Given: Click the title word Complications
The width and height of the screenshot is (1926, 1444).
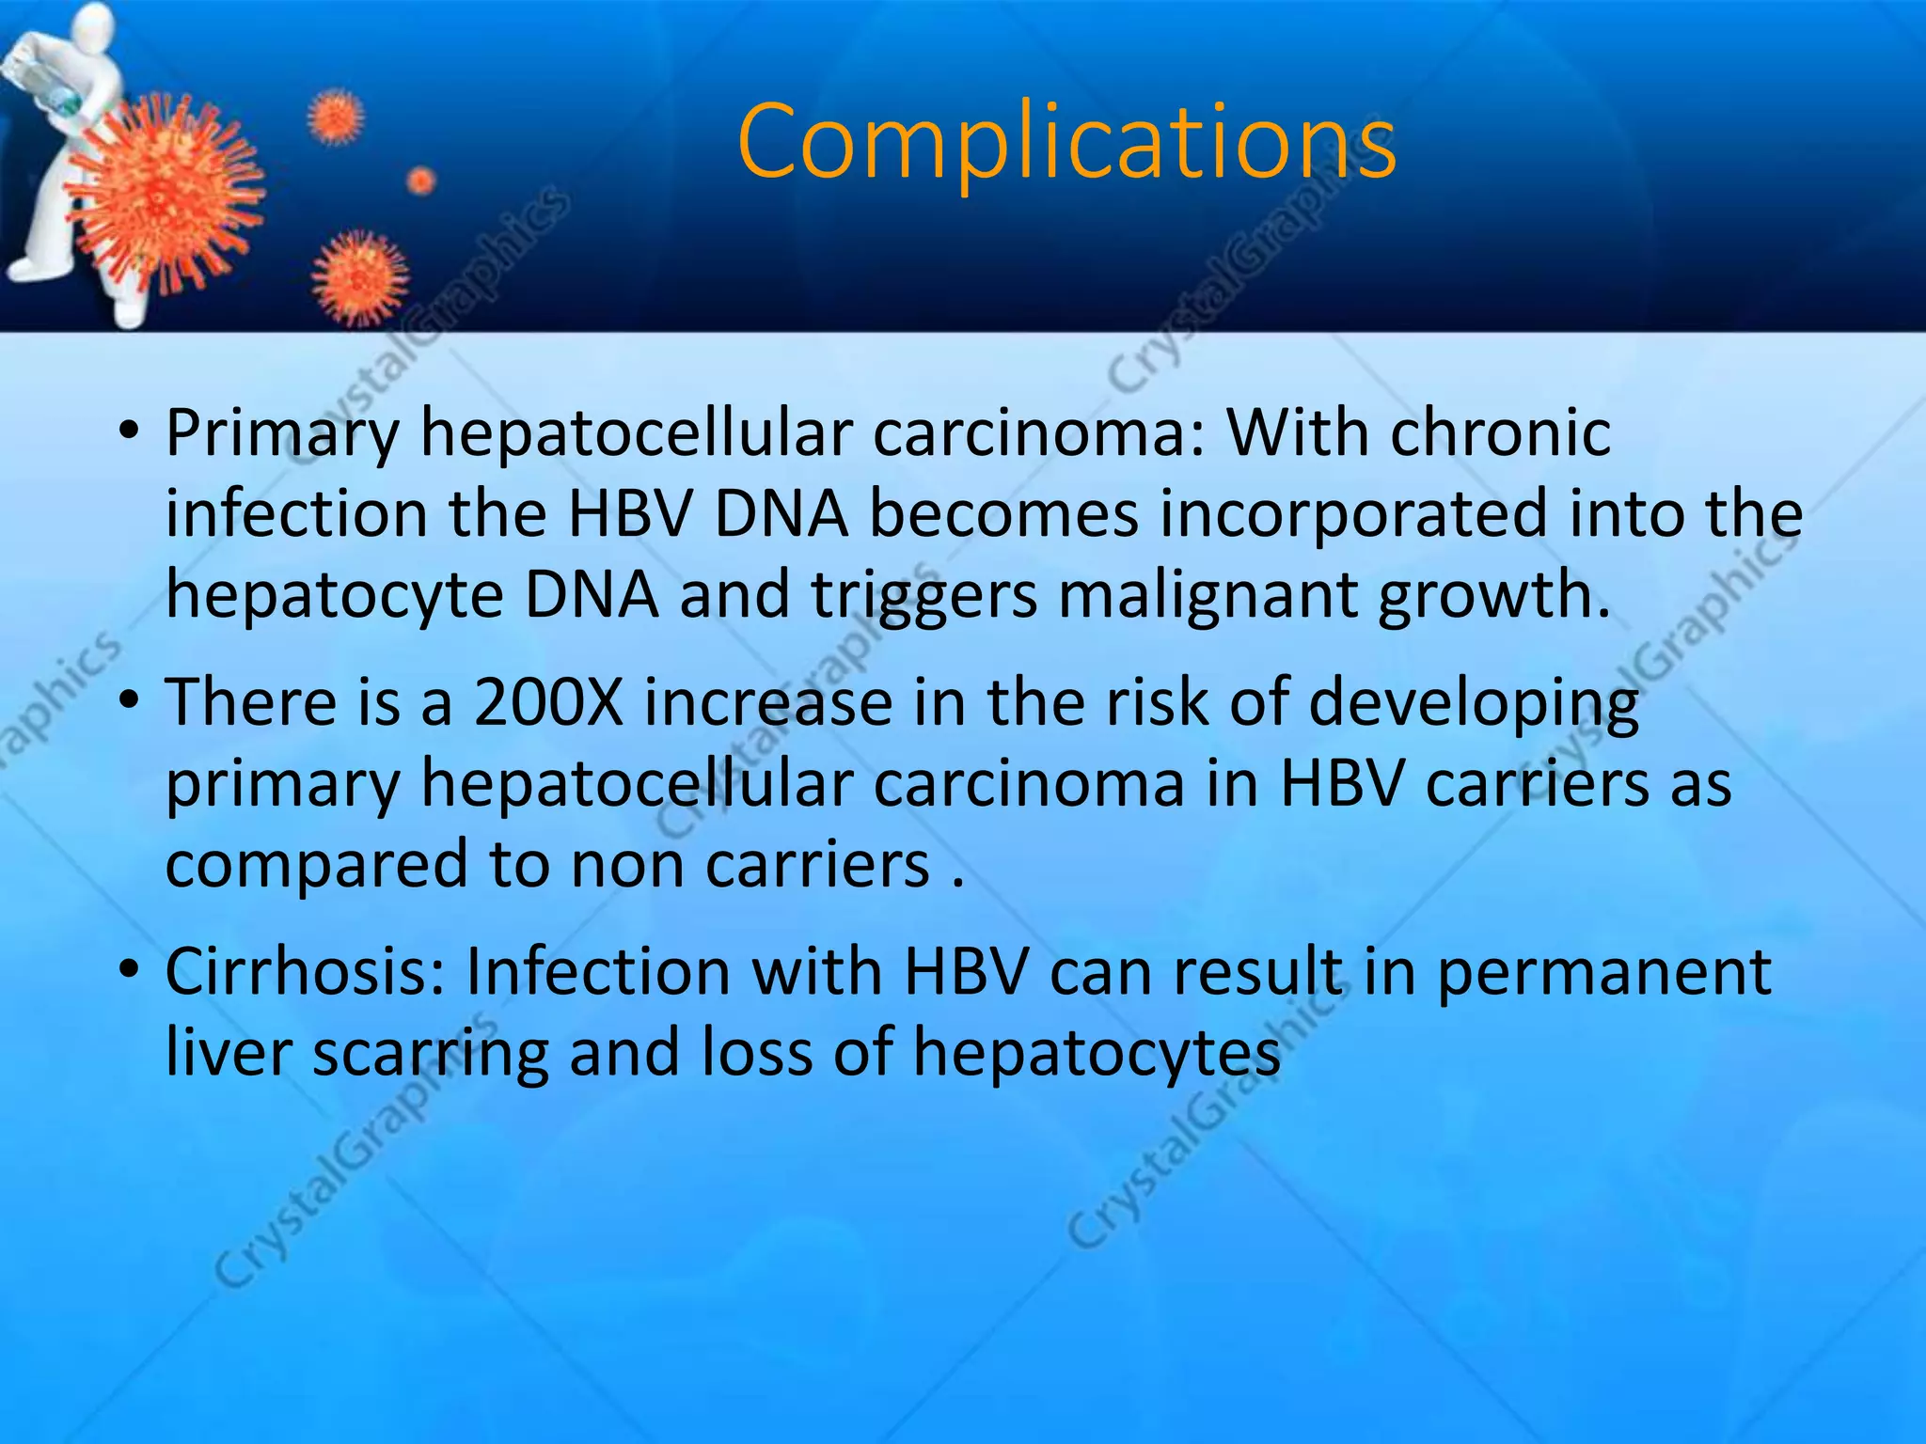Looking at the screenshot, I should [1066, 143].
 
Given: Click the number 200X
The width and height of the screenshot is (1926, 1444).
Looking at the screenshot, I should [548, 702].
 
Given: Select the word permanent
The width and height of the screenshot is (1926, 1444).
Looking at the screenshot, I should [1603, 973].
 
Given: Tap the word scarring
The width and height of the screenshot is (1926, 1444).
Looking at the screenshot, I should [430, 1054].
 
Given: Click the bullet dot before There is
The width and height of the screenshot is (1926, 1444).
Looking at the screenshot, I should [129, 700].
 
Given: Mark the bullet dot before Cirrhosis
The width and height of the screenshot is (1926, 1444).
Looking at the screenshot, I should [129, 969].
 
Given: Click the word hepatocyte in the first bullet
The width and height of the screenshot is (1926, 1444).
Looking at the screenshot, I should [334, 596].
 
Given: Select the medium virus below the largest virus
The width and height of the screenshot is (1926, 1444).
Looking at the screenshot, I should [360, 276].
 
